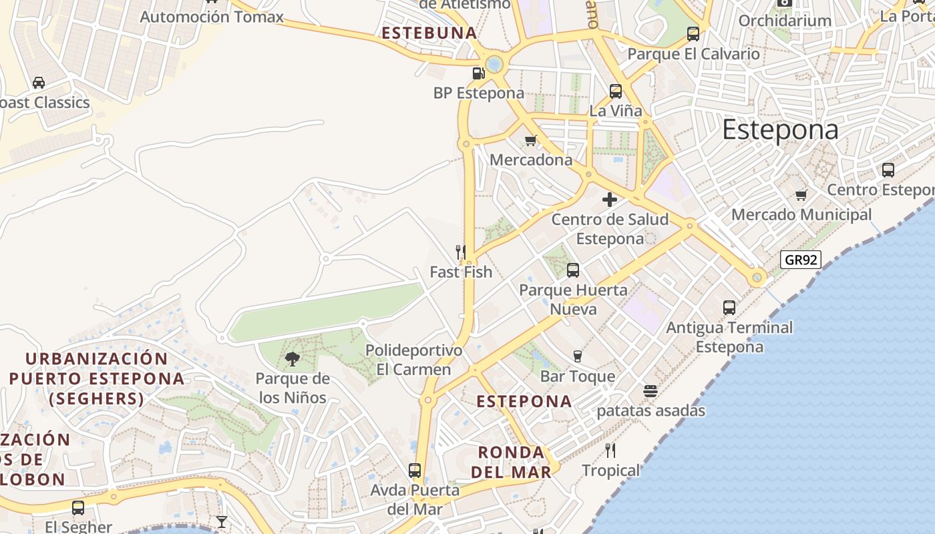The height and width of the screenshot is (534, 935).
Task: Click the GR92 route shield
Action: point(800,260)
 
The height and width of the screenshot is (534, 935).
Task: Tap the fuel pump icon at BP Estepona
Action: point(478,73)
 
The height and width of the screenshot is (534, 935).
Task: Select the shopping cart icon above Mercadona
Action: point(531,140)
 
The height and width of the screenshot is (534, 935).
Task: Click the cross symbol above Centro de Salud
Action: point(609,200)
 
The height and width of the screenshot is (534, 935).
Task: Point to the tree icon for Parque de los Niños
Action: point(292,359)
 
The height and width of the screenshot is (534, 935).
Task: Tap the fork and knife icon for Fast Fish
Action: point(461,252)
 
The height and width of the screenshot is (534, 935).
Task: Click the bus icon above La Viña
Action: point(615,91)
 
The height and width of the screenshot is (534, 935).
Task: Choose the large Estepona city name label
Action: point(780,129)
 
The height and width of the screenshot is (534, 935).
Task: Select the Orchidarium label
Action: point(785,21)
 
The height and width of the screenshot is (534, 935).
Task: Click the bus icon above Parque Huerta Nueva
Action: point(572,270)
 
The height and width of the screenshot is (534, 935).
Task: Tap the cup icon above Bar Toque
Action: point(578,356)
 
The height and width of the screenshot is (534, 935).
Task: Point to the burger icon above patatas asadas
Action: point(650,390)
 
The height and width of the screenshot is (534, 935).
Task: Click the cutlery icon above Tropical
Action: point(610,451)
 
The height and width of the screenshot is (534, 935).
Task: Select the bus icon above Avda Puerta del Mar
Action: point(415,471)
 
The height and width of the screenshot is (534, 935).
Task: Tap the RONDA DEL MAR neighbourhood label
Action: point(512,462)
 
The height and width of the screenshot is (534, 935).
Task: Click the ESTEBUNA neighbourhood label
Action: point(429,33)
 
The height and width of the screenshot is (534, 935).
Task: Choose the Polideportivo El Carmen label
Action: point(413,360)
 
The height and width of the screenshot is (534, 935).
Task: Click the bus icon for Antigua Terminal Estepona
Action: point(729,308)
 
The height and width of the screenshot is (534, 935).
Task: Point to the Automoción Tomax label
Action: point(212,17)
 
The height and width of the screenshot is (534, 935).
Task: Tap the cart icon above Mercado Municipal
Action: point(801,196)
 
